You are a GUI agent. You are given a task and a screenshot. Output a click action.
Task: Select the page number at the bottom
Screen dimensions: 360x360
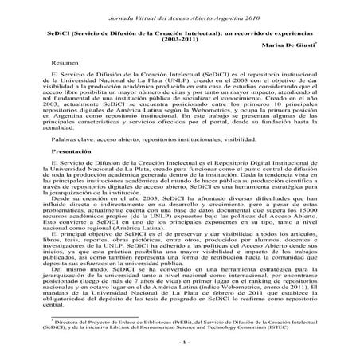pyautogui.click(x=181, y=340)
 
